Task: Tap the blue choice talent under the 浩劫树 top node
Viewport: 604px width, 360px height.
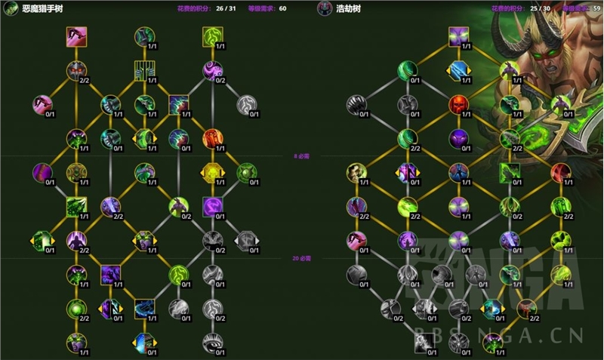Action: point(458,70)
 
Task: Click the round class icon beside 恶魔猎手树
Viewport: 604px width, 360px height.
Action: point(11,8)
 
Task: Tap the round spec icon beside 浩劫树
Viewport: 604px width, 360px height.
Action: point(325,8)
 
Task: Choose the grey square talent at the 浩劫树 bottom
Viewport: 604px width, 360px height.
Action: point(424,342)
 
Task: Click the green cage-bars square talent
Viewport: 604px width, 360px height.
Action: point(144,70)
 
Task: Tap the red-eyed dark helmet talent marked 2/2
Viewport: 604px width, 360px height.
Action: point(77,70)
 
